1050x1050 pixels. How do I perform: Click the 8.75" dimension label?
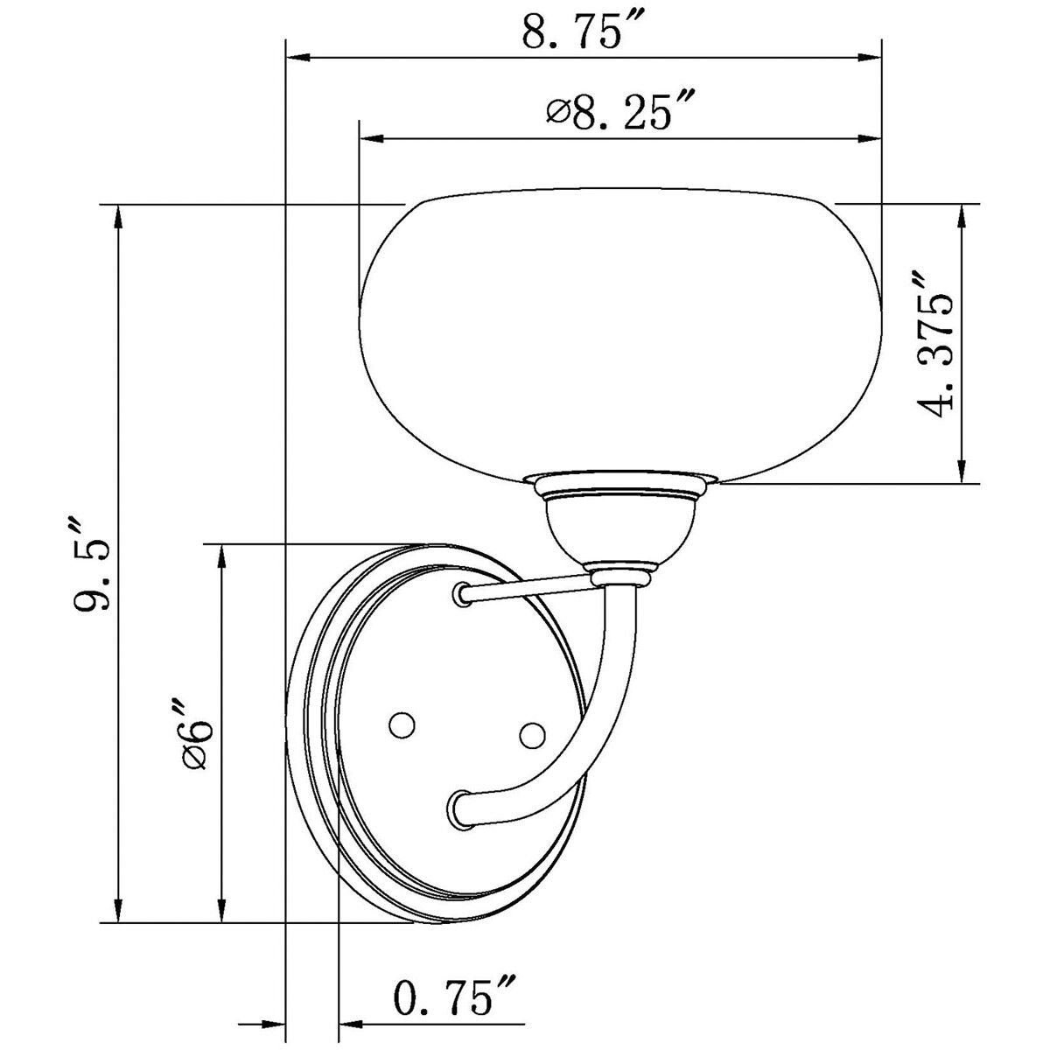584,31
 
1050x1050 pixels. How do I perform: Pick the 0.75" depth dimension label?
456,998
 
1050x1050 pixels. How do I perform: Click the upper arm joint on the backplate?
460,596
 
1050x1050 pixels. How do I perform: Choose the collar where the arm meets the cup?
622,576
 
